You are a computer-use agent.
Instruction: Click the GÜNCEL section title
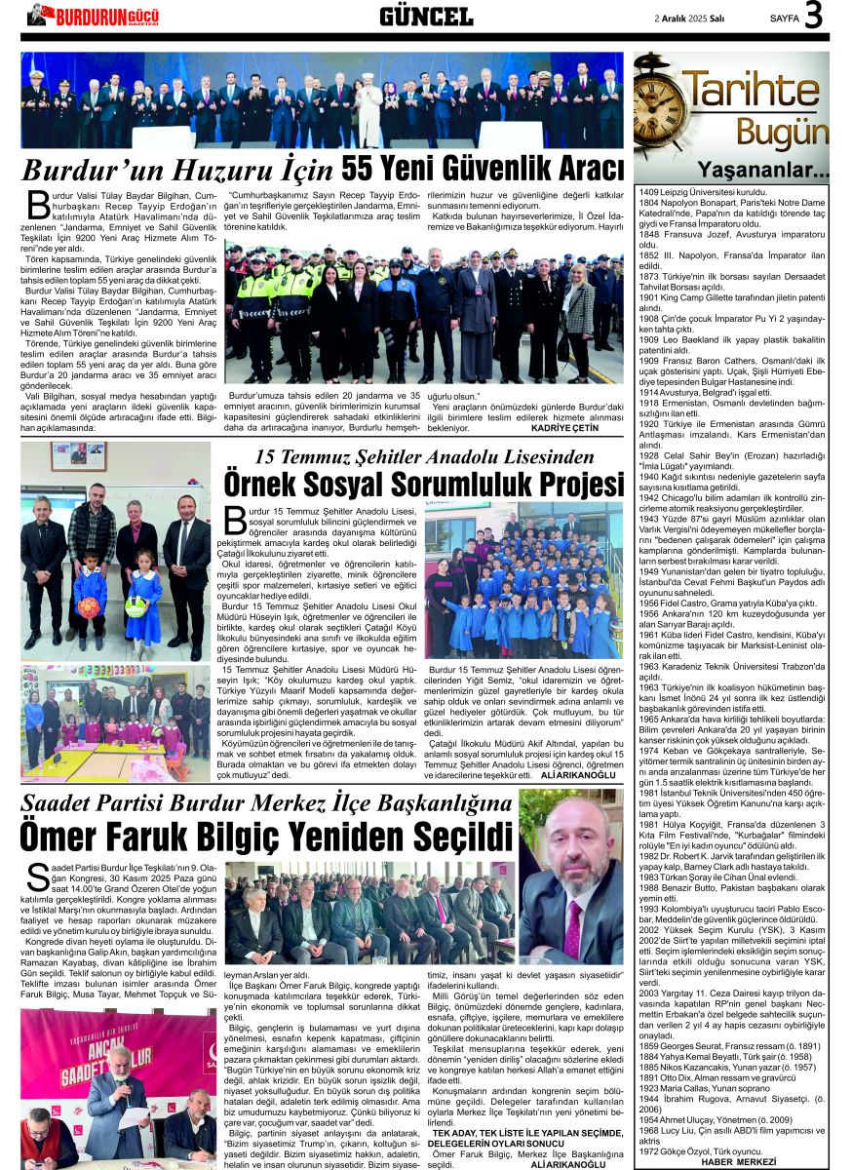coord(426,16)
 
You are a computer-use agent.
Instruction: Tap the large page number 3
coord(814,16)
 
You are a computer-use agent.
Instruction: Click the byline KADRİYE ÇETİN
coord(565,428)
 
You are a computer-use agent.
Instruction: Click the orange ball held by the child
coord(90,607)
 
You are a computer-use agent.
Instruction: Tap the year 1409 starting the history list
coord(649,193)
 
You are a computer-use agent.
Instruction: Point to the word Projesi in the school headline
coord(563,484)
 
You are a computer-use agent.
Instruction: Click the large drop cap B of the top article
coord(36,206)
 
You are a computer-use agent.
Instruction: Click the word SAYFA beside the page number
coord(786,18)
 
